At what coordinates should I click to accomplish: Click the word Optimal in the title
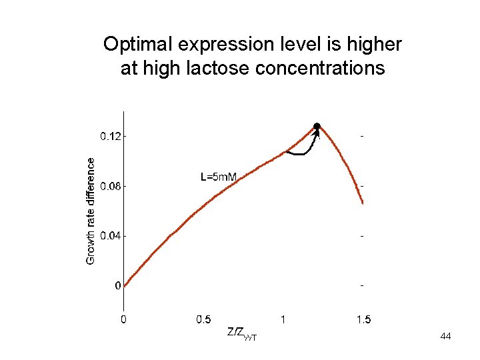point(137,45)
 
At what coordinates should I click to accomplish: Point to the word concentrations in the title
point(320,68)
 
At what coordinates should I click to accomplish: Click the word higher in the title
point(374,45)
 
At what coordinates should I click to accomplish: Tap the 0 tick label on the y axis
point(118,285)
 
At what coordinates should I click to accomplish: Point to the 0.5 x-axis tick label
point(203,319)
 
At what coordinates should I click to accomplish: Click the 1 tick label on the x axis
point(283,319)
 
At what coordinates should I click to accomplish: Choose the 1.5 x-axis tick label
point(364,319)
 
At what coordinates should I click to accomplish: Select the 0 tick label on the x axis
point(123,319)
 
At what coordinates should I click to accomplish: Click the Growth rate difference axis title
point(91,211)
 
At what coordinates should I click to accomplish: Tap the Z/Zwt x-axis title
point(242,334)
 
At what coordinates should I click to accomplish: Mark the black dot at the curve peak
point(317,126)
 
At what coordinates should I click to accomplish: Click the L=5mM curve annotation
point(219,177)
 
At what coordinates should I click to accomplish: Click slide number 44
point(445,336)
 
